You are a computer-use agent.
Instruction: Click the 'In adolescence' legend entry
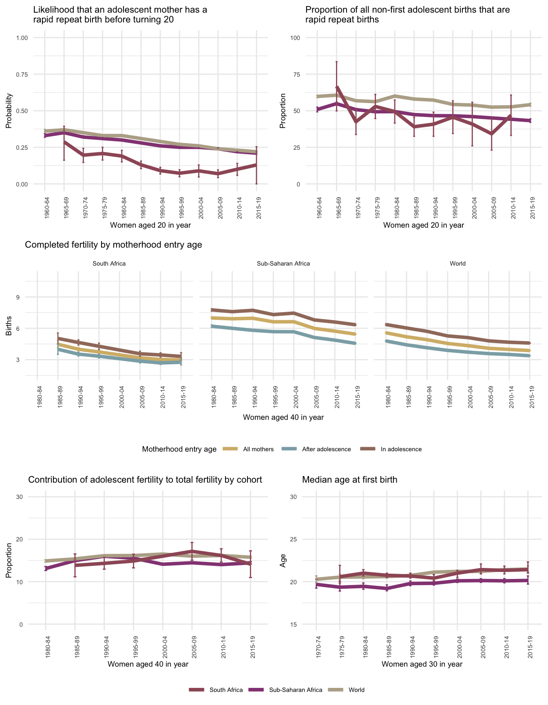401,449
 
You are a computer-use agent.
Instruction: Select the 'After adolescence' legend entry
326,449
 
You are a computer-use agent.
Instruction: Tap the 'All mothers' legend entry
258,449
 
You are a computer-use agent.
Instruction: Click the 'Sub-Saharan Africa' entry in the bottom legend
296,690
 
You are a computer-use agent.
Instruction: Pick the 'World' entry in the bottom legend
356,690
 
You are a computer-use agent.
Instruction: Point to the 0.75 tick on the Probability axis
22,74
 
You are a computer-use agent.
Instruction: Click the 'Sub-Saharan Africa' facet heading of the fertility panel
283,264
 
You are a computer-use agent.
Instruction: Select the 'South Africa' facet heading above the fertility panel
109,264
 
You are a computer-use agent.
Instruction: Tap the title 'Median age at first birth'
349,480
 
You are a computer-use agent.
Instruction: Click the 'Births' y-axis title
9,328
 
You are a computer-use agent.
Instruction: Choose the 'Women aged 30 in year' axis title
422,664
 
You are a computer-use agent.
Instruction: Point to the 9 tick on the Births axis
18,297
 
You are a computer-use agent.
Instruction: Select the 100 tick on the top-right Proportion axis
295,38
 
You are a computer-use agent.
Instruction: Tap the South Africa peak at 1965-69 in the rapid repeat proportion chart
337,87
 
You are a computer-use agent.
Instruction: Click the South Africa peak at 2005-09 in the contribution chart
192,551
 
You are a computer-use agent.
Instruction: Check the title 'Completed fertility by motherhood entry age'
113,245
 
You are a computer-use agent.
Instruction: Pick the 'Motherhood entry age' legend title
179,449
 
